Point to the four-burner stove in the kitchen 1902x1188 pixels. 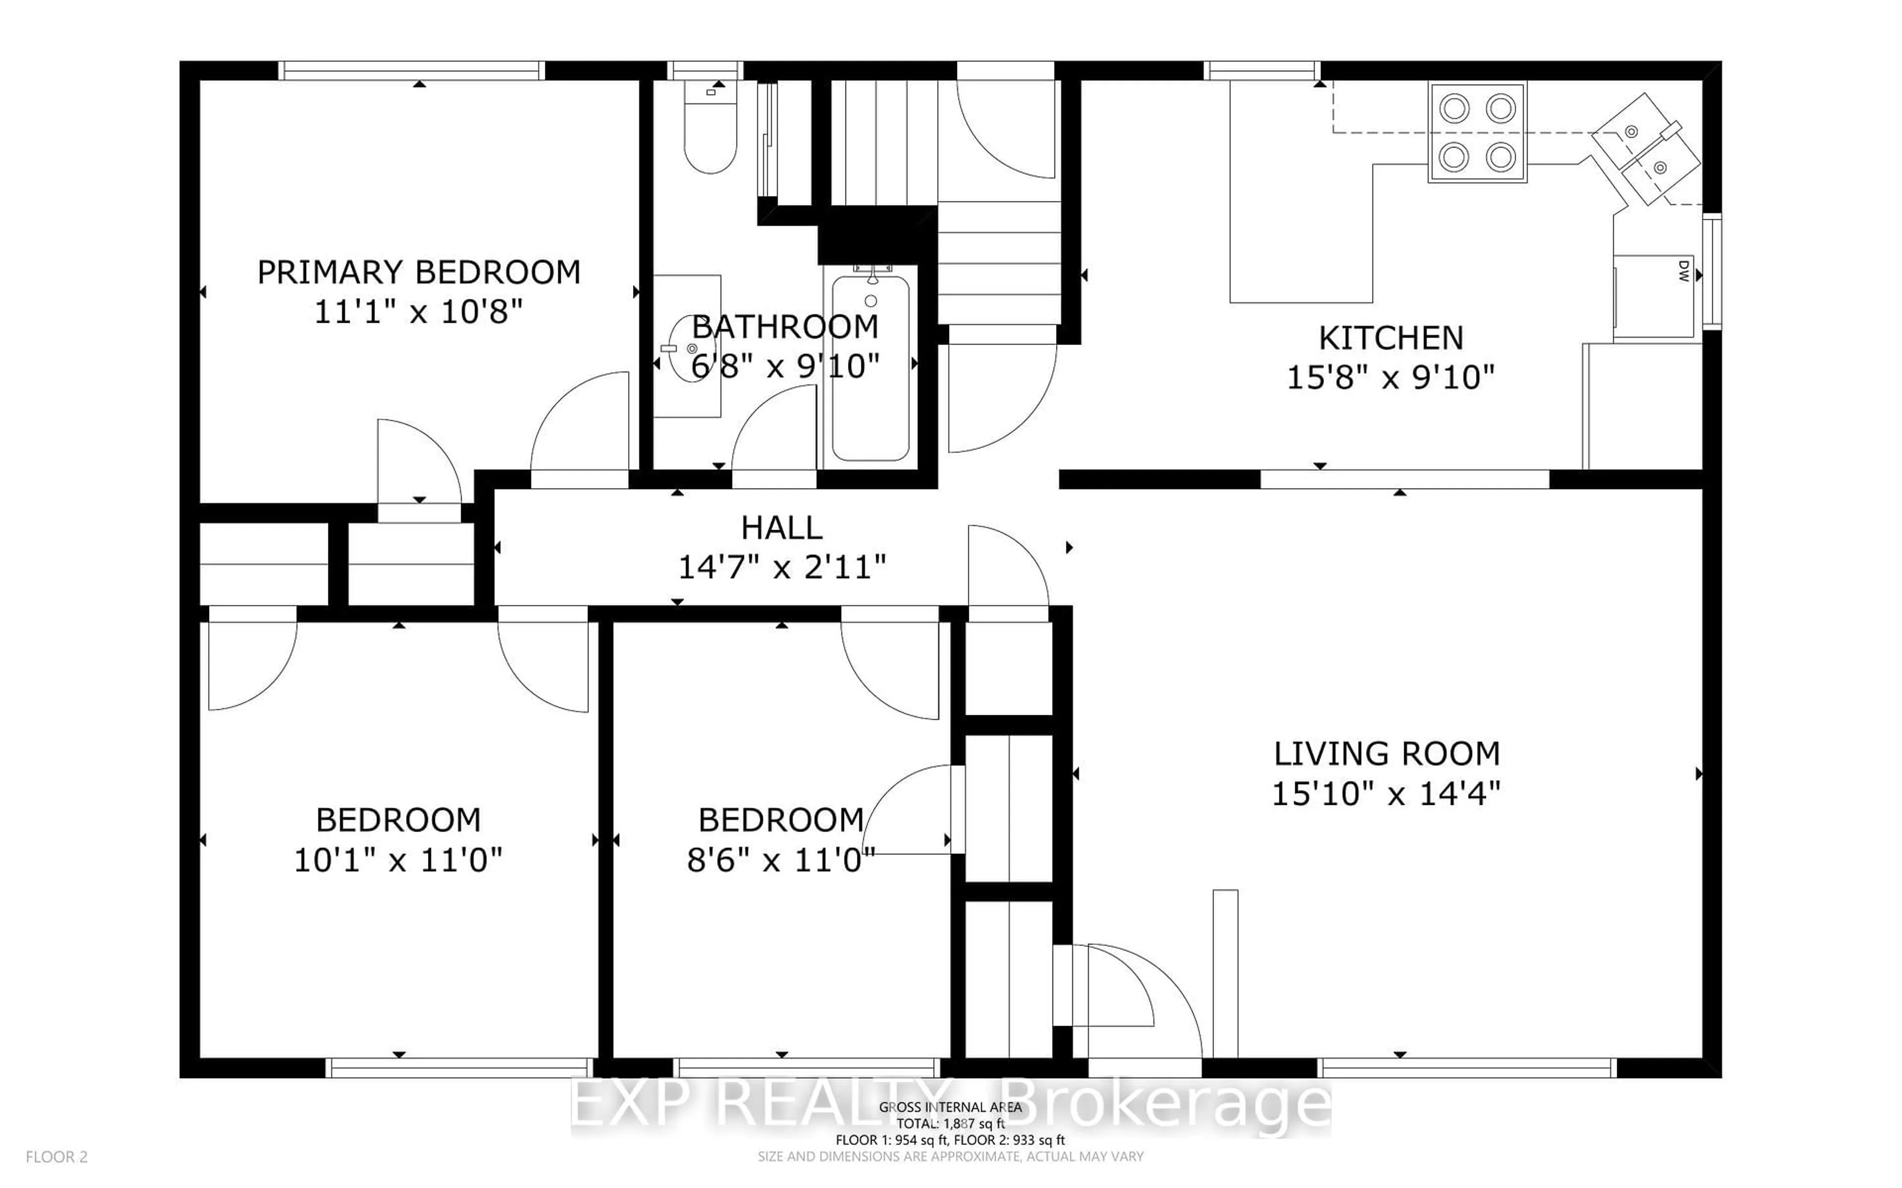click(x=1477, y=132)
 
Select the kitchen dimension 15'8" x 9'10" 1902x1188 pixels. click(x=1389, y=378)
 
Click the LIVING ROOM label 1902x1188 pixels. click(x=1386, y=753)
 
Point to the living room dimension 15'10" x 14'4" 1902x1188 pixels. click(x=1386, y=793)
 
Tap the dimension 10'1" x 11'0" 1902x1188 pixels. click(x=398, y=860)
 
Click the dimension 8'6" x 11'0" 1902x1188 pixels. click(x=781, y=860)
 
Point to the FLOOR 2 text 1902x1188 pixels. click(x=56, y=1157)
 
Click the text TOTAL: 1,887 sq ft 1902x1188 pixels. click(x=950, y=1124)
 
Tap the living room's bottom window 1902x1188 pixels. click(x=1466, y=1067)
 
